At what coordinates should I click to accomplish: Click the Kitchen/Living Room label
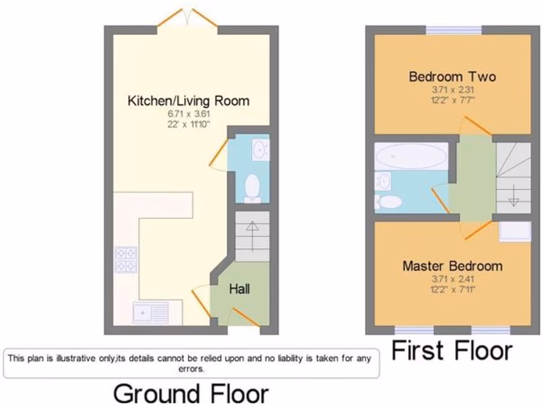click(188, 100)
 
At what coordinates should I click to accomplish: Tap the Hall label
click(239, 289)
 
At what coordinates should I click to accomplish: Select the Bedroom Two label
click(453, 77)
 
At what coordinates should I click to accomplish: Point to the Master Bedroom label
click(453, 265)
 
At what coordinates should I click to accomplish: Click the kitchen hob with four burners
click(126, 260)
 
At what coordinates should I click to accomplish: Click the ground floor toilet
click(252, 188)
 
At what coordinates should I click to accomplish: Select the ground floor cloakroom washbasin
click(260, 150)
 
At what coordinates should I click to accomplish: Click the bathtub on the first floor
click(411, 156)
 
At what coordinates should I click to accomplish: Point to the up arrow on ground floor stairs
click(252, 233)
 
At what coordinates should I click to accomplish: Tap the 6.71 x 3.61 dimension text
click(188, 114)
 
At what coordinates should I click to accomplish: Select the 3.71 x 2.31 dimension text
click(453, 90)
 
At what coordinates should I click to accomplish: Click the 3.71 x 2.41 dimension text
click(453, 279)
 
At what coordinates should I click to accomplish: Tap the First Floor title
click(452, 351)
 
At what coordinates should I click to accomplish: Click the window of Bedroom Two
click(454, 30)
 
